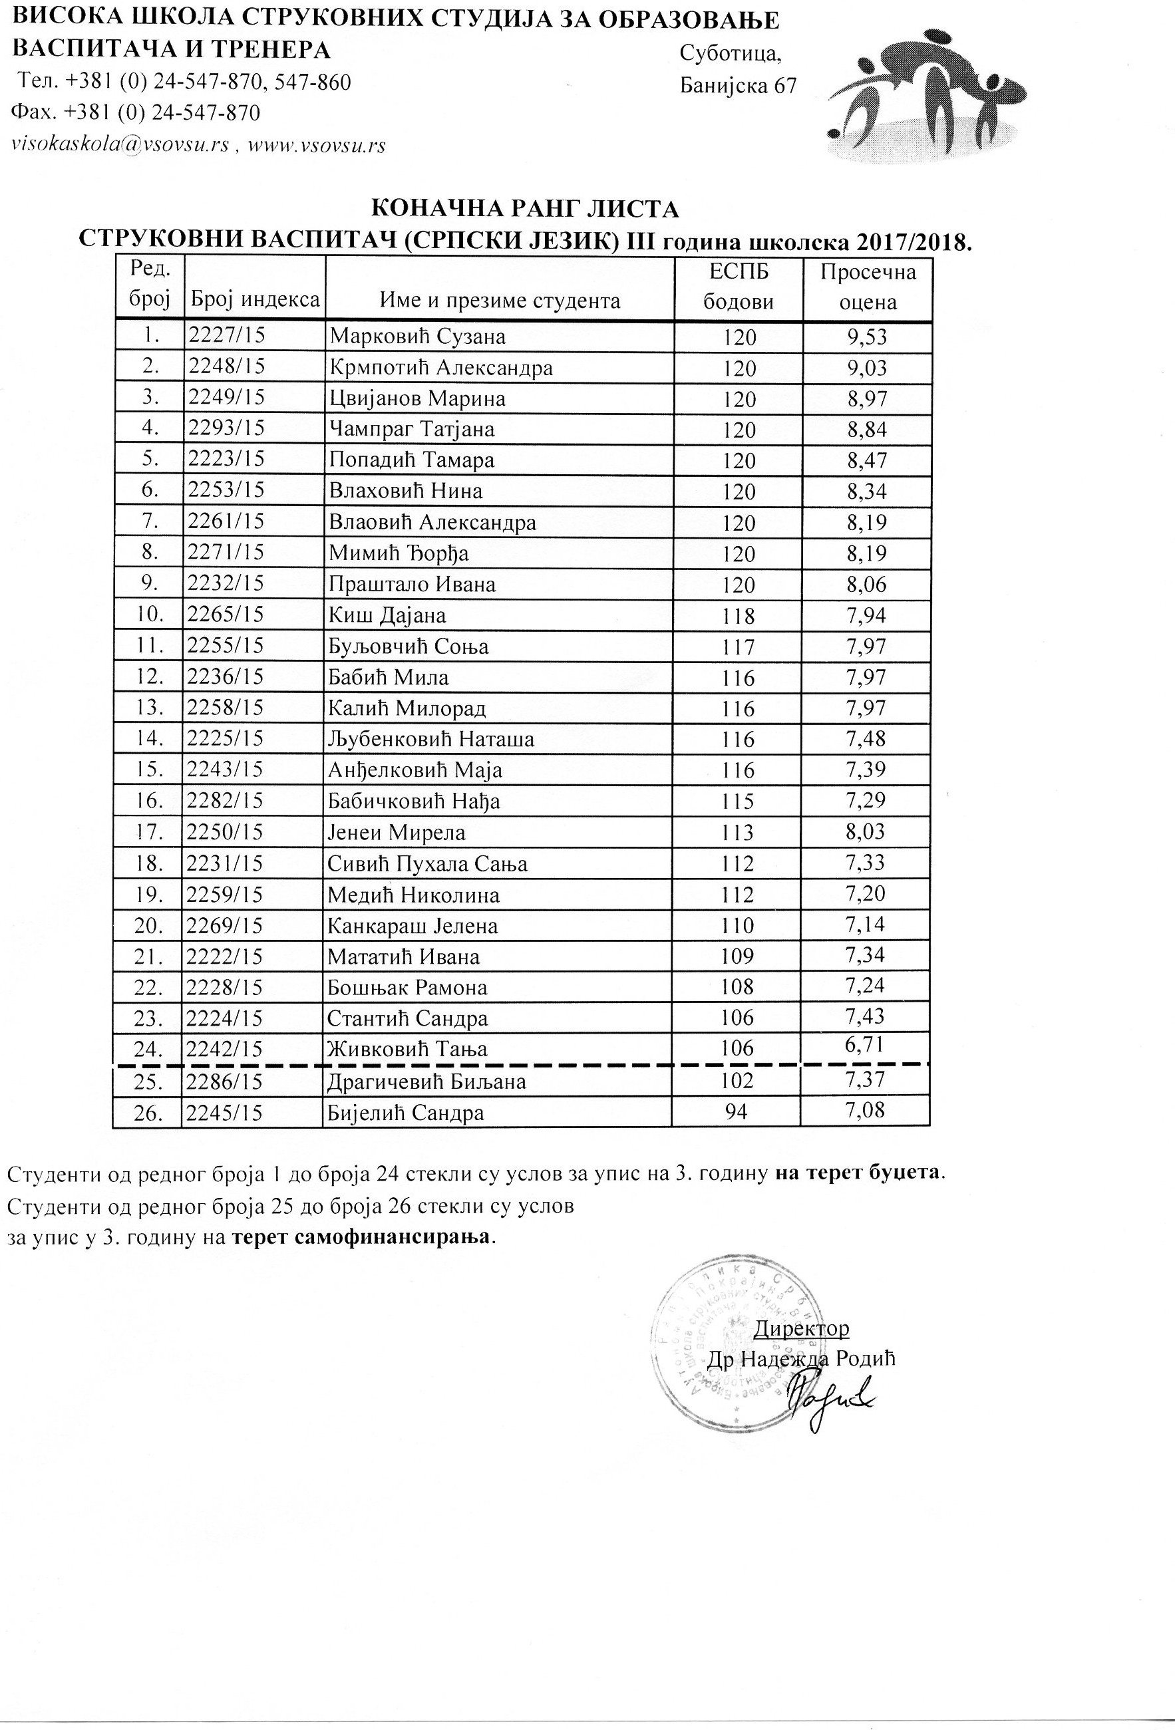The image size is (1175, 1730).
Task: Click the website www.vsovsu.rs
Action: (x=317, y=145)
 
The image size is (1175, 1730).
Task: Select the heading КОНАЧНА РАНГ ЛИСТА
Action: (x=524, y=209)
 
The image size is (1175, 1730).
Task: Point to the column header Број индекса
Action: (x=255, y=300)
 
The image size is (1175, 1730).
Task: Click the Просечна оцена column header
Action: (x=868, y=287)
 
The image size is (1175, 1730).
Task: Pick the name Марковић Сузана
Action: (x=418, y=337)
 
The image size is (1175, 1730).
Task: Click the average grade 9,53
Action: (x=868, y=337)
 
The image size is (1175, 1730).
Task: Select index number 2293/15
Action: (x=226, y=429)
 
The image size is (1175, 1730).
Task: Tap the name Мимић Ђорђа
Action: (x=399, y=554)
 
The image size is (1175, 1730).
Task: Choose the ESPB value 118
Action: (x=739, y=617)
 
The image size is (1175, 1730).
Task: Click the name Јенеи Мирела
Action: (x=397, y=832)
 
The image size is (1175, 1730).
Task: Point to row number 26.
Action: (x=148, y=1113)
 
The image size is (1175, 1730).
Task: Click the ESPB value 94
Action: (x=737, y=1112)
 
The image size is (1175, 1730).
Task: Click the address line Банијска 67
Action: (x=738, y=86)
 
